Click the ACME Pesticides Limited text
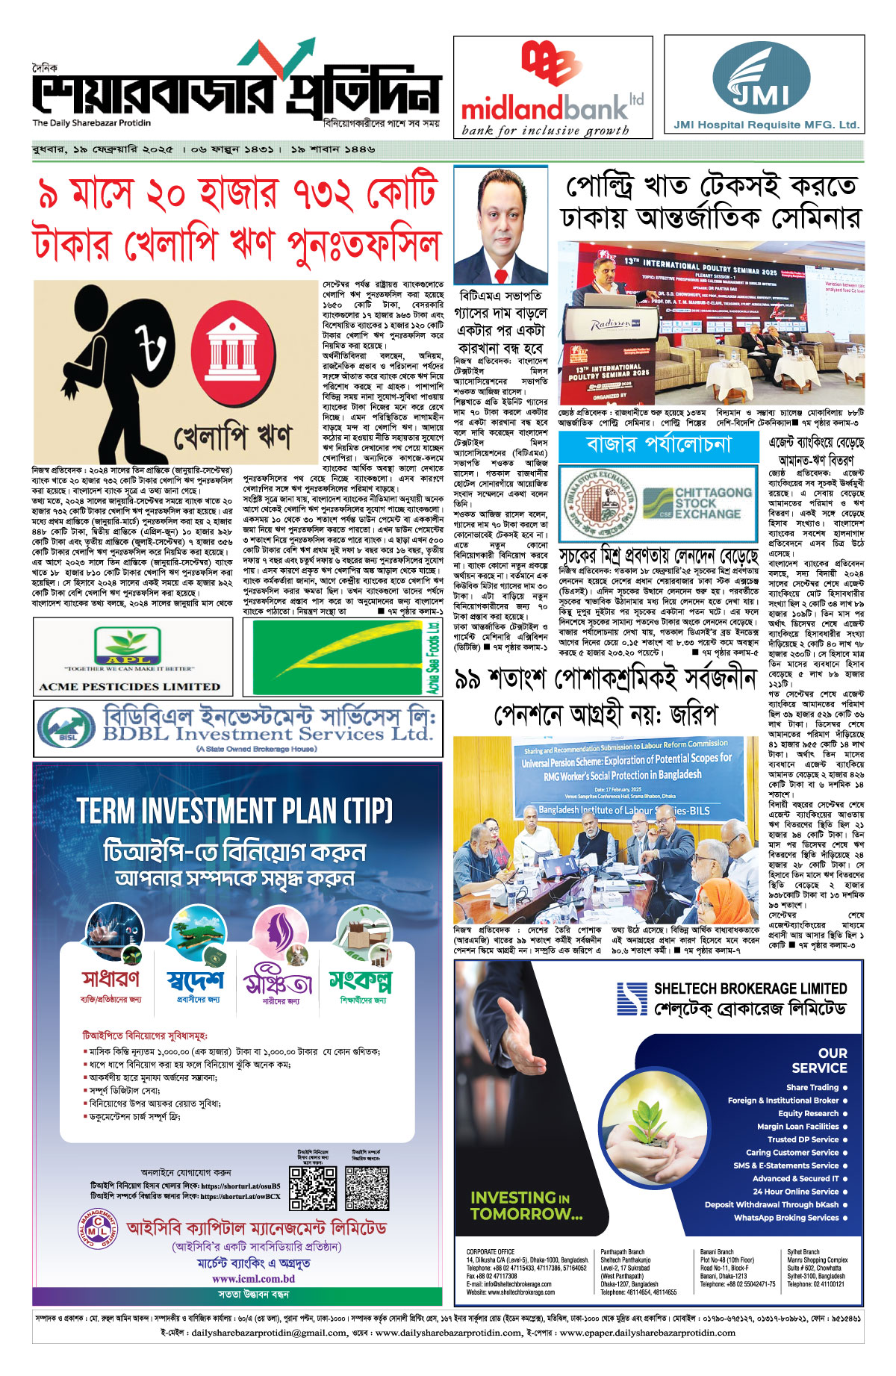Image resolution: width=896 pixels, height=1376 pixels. click(x=130, y=686)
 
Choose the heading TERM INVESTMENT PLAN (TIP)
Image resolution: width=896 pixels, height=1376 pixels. click(x=235, y=811)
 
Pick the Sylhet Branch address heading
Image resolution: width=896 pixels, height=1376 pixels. click(x=803, y=1252)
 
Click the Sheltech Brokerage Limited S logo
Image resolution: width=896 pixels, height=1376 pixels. click(x=632, y=1000)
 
